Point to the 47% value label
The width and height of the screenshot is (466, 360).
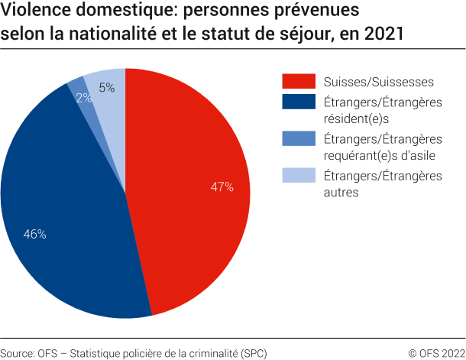(x=222, y=186)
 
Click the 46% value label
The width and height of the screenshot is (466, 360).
(x=35, y=235)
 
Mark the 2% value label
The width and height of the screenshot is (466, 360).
(x=84, y=97)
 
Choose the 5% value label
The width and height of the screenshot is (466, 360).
(x=107, y=88)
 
